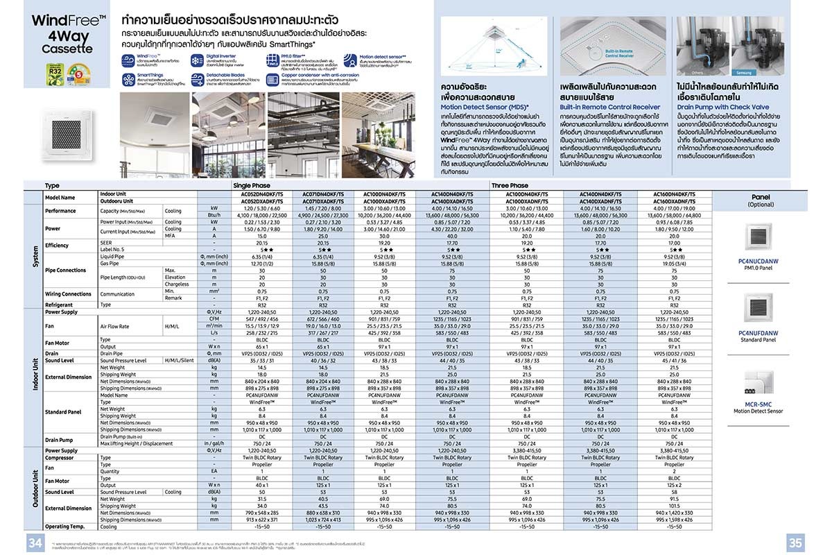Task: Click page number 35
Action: pyautogui.click(x=796, y=541)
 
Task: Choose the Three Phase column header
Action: pyautogui.click(x=510, y=186)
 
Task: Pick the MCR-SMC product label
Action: pyautogui.click(x=758, y=404)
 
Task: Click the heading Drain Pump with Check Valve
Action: pyautogui.click(x=723, y=108)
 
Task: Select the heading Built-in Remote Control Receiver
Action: pyautogui.click(x=610, y=108)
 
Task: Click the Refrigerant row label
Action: pyautogui.click(x=59, y=305)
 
